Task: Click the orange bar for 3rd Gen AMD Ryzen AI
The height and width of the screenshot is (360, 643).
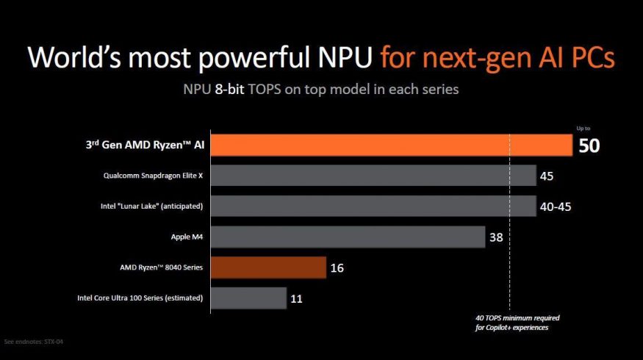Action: click(392, 145)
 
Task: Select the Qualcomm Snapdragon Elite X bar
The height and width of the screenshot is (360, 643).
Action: click(373, 176)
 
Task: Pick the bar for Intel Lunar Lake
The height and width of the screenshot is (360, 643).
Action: click(373, 206)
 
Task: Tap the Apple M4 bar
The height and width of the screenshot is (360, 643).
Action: click(348, 237)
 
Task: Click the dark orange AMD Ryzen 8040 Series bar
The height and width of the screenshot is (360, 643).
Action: click(268, 267)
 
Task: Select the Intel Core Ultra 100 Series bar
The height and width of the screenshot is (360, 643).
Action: click(248, 298)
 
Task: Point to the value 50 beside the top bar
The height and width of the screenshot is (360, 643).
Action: click(589, 145)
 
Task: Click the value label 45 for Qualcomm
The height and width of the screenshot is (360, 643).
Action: click(546, 176)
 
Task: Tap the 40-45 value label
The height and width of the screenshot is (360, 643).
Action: click(555, 206)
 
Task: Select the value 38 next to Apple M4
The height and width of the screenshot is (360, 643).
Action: click(495, 237)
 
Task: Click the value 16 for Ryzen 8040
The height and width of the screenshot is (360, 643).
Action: click(337, 268)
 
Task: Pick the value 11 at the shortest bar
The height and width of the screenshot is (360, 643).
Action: click(296, 298)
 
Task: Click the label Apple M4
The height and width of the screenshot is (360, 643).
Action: click(187, 237)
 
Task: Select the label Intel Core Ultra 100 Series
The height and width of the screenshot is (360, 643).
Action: click(140, 298)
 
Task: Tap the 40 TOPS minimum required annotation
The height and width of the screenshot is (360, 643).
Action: click(517, 323)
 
